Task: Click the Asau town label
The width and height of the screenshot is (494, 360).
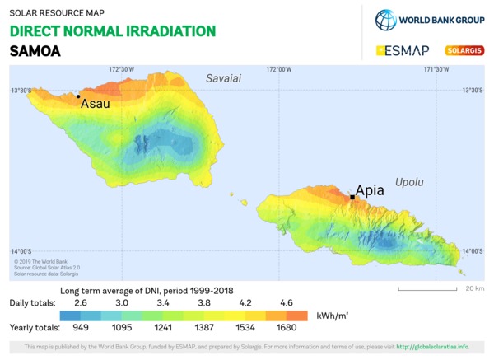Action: (x=96, y=105)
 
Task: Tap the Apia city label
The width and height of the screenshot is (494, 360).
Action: (x=369, y=190)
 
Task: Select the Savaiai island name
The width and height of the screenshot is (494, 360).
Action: (x=223, y=78)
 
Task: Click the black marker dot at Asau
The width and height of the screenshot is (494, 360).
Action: (x=78, y=96)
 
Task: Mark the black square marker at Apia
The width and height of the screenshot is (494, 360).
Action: (x=352, y=197)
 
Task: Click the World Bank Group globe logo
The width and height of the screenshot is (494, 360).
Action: (x=386, y=20)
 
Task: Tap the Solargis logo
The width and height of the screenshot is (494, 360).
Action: (x=464, y=50)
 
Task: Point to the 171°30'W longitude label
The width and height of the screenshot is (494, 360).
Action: (x=436, y=70)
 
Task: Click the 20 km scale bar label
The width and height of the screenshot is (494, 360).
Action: (x=474, y=288)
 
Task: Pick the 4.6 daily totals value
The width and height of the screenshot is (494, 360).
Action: (x=287, y=303)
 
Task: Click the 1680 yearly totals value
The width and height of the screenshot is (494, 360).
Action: (x=287, y=328)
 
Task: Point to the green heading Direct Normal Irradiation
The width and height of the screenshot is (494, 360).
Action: (x=113, y=31)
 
